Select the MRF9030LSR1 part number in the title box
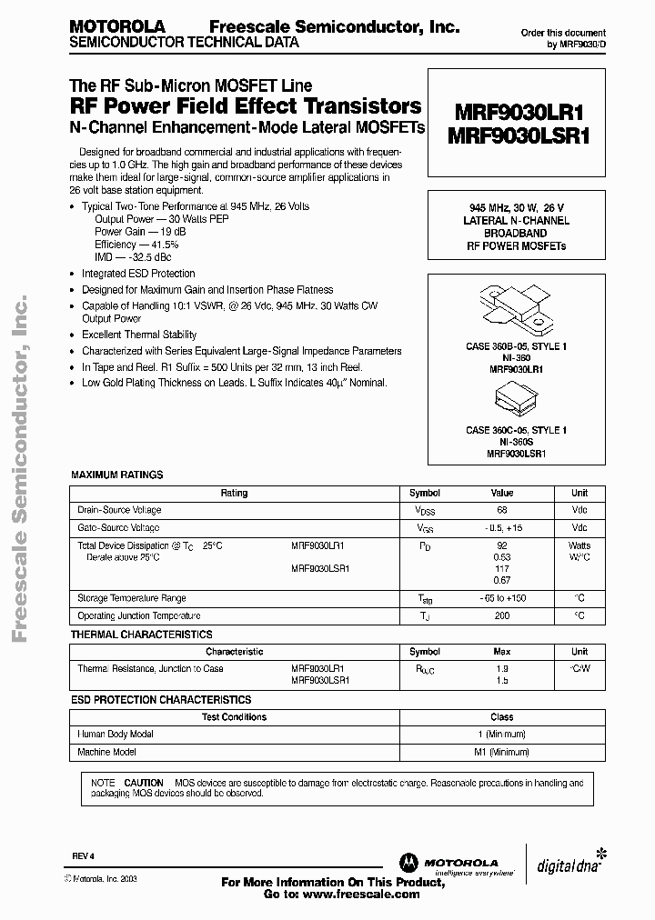[x=516, y=136]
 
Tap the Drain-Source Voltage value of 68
[x=501, y=510]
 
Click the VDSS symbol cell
[x=425, y=511]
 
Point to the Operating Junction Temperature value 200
[x=501, y=615]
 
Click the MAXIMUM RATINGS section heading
[x=117, y=475]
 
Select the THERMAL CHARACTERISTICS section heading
[x=141, y=634]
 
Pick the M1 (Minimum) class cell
[x=501, y=752]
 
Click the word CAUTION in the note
[x=144, y=783]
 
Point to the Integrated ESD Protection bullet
[x=138, y=274]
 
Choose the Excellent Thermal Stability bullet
[x=139, y=335]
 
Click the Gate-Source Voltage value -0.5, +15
[x=501, y=527]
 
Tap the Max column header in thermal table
[x=501, y=652]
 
